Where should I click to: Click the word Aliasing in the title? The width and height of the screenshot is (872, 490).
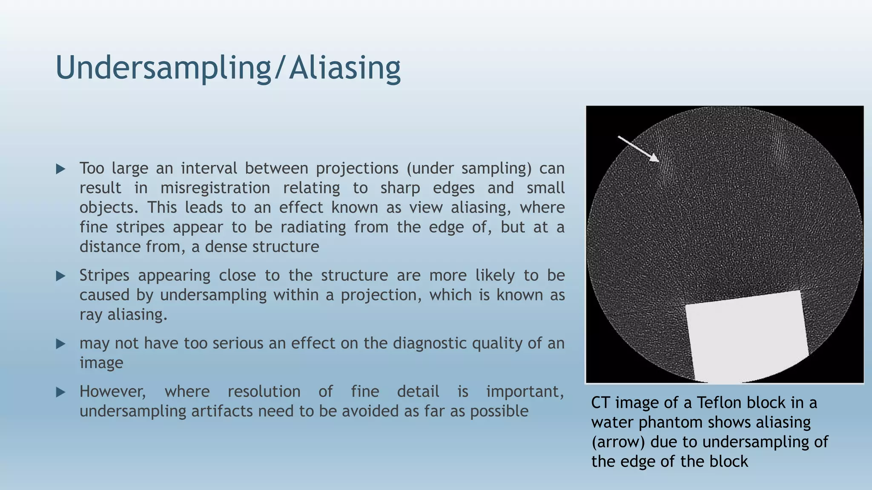[x=344, y=68]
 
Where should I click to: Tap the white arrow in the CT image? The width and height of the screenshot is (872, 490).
[x=639, y=149]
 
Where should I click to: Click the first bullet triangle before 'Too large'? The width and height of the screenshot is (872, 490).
[x=60, y=169]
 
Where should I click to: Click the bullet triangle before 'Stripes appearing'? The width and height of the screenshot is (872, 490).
[x=60, y=276]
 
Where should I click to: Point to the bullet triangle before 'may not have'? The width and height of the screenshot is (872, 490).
[x=60, y=344]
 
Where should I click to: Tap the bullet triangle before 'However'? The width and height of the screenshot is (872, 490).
[x=60, y=392]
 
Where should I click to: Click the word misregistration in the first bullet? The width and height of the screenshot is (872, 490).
[x=215, y=188]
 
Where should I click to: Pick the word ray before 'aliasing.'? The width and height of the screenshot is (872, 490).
[x=90, y=315]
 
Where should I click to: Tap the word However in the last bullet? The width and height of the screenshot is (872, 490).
[x=112, y=392]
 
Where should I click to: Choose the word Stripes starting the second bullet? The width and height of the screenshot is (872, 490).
[x=104, y=276]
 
